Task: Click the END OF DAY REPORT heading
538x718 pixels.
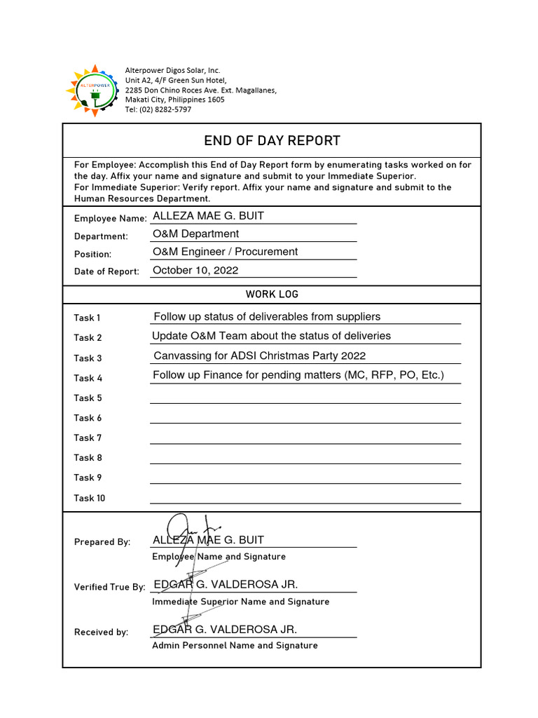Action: pos(272,140)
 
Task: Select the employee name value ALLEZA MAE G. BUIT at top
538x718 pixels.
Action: pos(208,216)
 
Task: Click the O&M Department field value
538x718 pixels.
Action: pos(195,234)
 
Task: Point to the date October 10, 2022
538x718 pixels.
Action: pos(195,270)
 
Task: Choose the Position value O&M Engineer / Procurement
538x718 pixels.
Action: pos(225,252)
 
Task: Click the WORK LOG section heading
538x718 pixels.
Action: pos(272,294)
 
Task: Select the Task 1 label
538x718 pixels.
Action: pos(88,318)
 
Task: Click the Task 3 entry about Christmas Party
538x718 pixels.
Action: pos(259,355)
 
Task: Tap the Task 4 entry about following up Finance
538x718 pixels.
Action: pos(298,375)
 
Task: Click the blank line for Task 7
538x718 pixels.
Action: pos(305,438)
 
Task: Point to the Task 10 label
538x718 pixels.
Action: pos(90,498)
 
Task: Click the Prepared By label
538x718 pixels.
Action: pos(102,542)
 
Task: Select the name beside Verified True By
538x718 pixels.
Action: pos(225,585)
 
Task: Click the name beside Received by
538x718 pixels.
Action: pos(225,629)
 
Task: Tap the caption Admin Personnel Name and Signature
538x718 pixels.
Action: pos(235,645)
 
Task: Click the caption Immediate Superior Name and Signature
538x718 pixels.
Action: pos(240,602)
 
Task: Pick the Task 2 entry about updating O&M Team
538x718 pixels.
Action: pos(271,336)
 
